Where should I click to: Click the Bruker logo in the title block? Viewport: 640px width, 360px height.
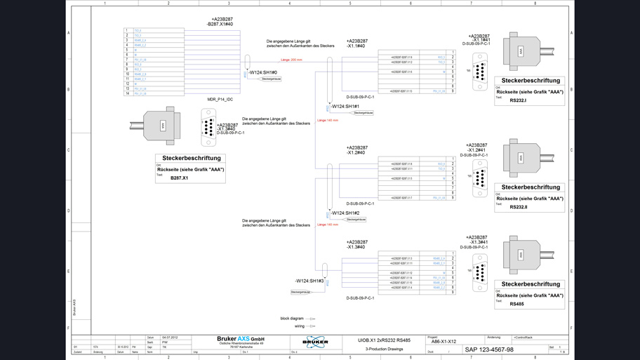coord(315,342)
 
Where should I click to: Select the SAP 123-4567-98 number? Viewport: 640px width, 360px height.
coord(488,349)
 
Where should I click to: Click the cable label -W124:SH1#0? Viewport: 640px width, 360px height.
coord(263,72)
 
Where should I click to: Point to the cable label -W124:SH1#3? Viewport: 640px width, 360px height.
coord(309,281)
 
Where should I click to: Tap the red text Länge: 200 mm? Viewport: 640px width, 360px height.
coord(291,60)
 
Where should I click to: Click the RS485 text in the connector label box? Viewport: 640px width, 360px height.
coord(516,304)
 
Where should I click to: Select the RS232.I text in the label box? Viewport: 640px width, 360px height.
coord(518,100)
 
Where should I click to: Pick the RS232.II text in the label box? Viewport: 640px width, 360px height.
coord(519,207)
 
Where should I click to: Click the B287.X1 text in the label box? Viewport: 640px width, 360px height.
coord(180,178)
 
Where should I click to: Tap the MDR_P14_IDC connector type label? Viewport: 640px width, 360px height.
coord(220,100)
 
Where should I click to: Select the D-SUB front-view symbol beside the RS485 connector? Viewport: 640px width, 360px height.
coord(480,273)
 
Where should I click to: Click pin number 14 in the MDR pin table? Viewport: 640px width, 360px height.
coord(128,93)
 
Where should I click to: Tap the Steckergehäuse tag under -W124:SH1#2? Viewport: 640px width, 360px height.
coord(356,220)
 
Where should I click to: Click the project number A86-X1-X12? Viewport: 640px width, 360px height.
coord(442,342)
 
